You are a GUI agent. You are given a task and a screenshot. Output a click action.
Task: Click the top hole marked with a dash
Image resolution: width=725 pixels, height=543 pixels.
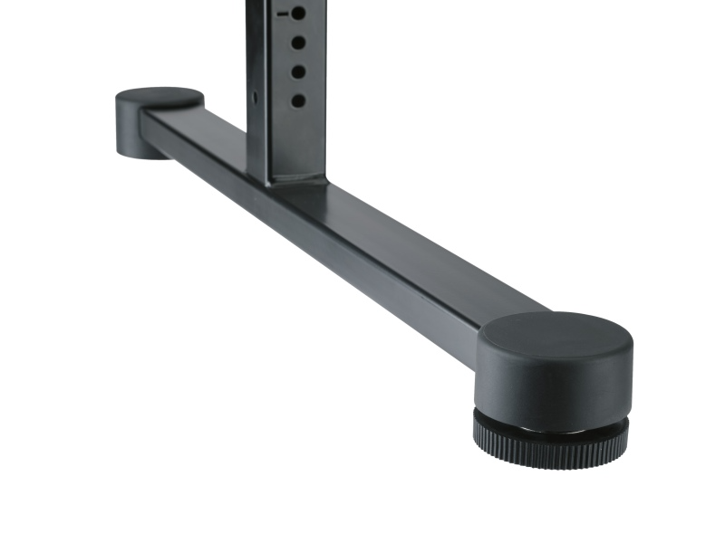[297, 14]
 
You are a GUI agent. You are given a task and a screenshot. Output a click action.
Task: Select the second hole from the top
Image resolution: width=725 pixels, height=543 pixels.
[297, 43]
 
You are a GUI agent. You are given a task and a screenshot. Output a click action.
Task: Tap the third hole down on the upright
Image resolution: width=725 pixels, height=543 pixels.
[297, 71]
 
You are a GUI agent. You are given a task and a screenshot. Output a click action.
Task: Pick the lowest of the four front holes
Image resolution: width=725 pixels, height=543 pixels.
[297, 100]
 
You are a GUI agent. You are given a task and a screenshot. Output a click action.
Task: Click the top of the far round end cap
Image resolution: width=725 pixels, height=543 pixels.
[159, 97]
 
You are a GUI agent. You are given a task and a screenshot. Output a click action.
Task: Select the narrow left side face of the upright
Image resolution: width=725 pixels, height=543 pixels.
[256, 136]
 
